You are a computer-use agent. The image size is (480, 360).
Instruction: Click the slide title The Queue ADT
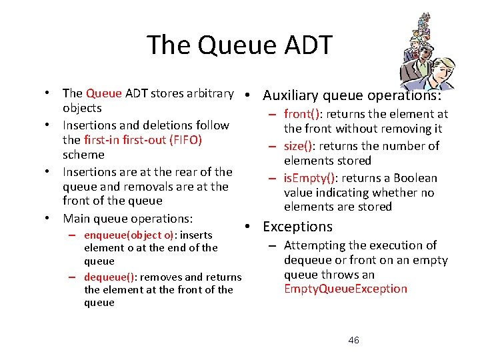239,45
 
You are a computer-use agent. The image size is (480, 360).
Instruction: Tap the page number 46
353,340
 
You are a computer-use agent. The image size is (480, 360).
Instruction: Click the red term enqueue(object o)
127,235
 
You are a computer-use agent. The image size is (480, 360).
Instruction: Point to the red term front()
303,115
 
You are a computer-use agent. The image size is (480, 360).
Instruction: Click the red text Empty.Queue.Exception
345,289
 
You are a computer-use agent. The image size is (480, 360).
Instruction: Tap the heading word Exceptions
297,227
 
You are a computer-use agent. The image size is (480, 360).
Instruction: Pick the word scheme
83,155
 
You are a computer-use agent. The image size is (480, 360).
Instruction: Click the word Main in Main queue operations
76,219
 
